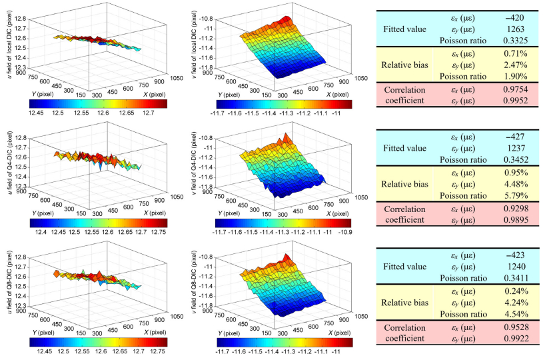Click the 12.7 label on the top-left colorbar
click(x=148, y=114)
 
